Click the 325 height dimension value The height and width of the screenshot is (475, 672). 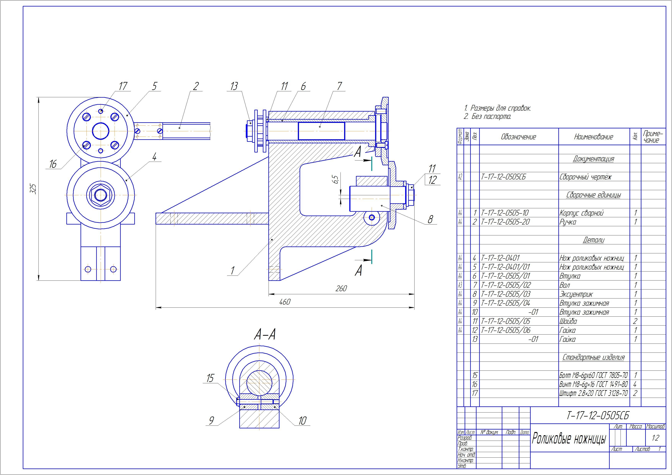[33, 189]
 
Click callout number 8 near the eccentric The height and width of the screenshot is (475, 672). [430, 219]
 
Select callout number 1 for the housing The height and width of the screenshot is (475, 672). [233, 271]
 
